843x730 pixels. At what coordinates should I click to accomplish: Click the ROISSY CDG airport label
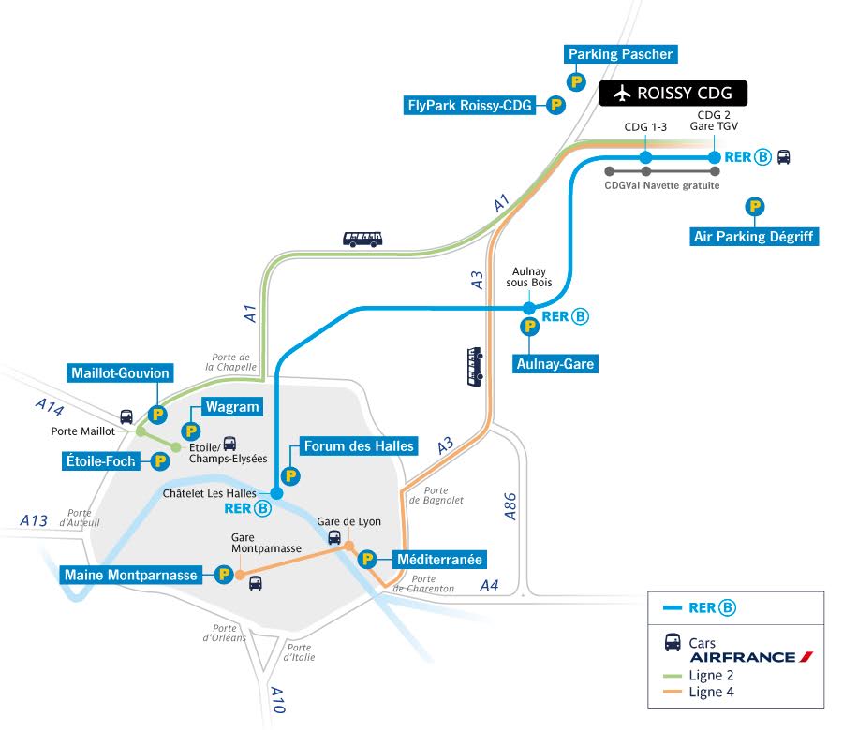coord(673,93)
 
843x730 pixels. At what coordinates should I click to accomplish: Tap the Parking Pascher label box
coord(620,54)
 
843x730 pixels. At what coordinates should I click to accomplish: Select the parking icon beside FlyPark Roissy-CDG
coord(555,106)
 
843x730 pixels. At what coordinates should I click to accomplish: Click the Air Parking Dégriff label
coord(753,236)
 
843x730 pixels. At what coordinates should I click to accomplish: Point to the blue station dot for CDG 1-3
coord(645,157)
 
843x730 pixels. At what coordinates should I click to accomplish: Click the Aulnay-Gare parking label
coord(555,363)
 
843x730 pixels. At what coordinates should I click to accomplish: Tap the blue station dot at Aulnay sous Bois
coord(529,308)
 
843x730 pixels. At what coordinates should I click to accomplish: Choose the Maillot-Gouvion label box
coord(121,373)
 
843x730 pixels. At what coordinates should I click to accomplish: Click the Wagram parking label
coord(232,407)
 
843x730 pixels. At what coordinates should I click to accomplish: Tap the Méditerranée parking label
coord(439,560)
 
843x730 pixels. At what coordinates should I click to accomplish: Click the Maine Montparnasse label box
coord(132,574)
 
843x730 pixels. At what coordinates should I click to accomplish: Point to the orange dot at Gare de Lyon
coord(348,546)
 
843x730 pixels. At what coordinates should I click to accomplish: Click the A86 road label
coord(510,506)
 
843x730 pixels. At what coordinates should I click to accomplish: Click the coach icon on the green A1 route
coord(362,239)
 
